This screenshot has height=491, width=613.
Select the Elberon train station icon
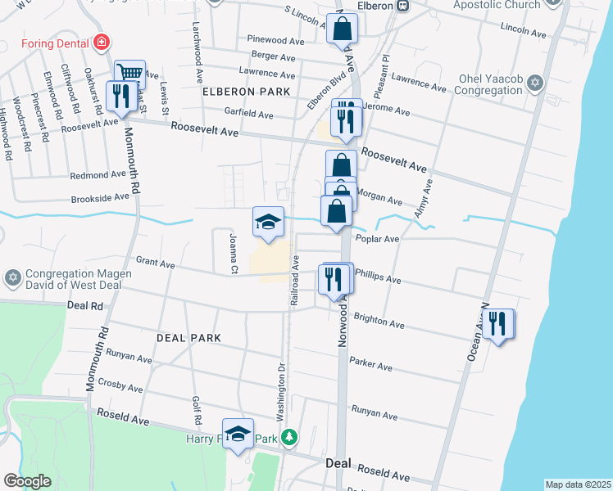[x=402, y=6]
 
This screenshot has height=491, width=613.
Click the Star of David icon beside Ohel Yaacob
[x=535, y=83]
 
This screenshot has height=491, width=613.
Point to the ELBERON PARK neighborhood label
[x=246, y=92]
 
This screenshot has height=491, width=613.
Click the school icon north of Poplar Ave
[x=268, y=221]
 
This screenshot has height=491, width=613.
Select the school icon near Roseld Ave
[x=238, y=434]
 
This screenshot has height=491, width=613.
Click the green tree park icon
[x=288, y=439]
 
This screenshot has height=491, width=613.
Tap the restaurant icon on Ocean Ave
[x=497, y=324]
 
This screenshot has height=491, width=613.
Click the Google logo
[x=27, y=481]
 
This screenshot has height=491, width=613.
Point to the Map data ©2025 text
[x=577, y=484]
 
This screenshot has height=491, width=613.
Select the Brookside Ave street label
[x=100, y=197]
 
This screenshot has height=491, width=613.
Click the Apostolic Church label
[x=498, y=6]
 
